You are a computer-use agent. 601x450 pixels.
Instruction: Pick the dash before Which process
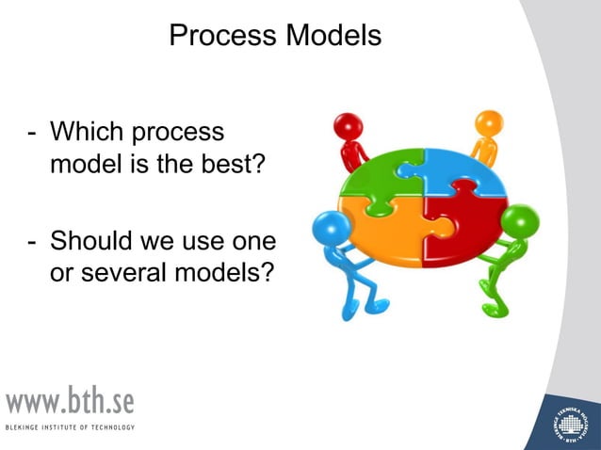(30, 134)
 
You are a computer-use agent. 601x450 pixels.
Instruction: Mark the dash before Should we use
(30, 243)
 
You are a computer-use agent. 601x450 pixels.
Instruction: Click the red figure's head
(348, 126)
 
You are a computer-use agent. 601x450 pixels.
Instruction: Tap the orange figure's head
(489, 124)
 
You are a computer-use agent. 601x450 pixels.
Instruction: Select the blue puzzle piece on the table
(462, 169)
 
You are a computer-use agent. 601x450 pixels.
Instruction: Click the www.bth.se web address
(70, 402)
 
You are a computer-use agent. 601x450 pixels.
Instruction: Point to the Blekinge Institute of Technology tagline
(70, 427)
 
